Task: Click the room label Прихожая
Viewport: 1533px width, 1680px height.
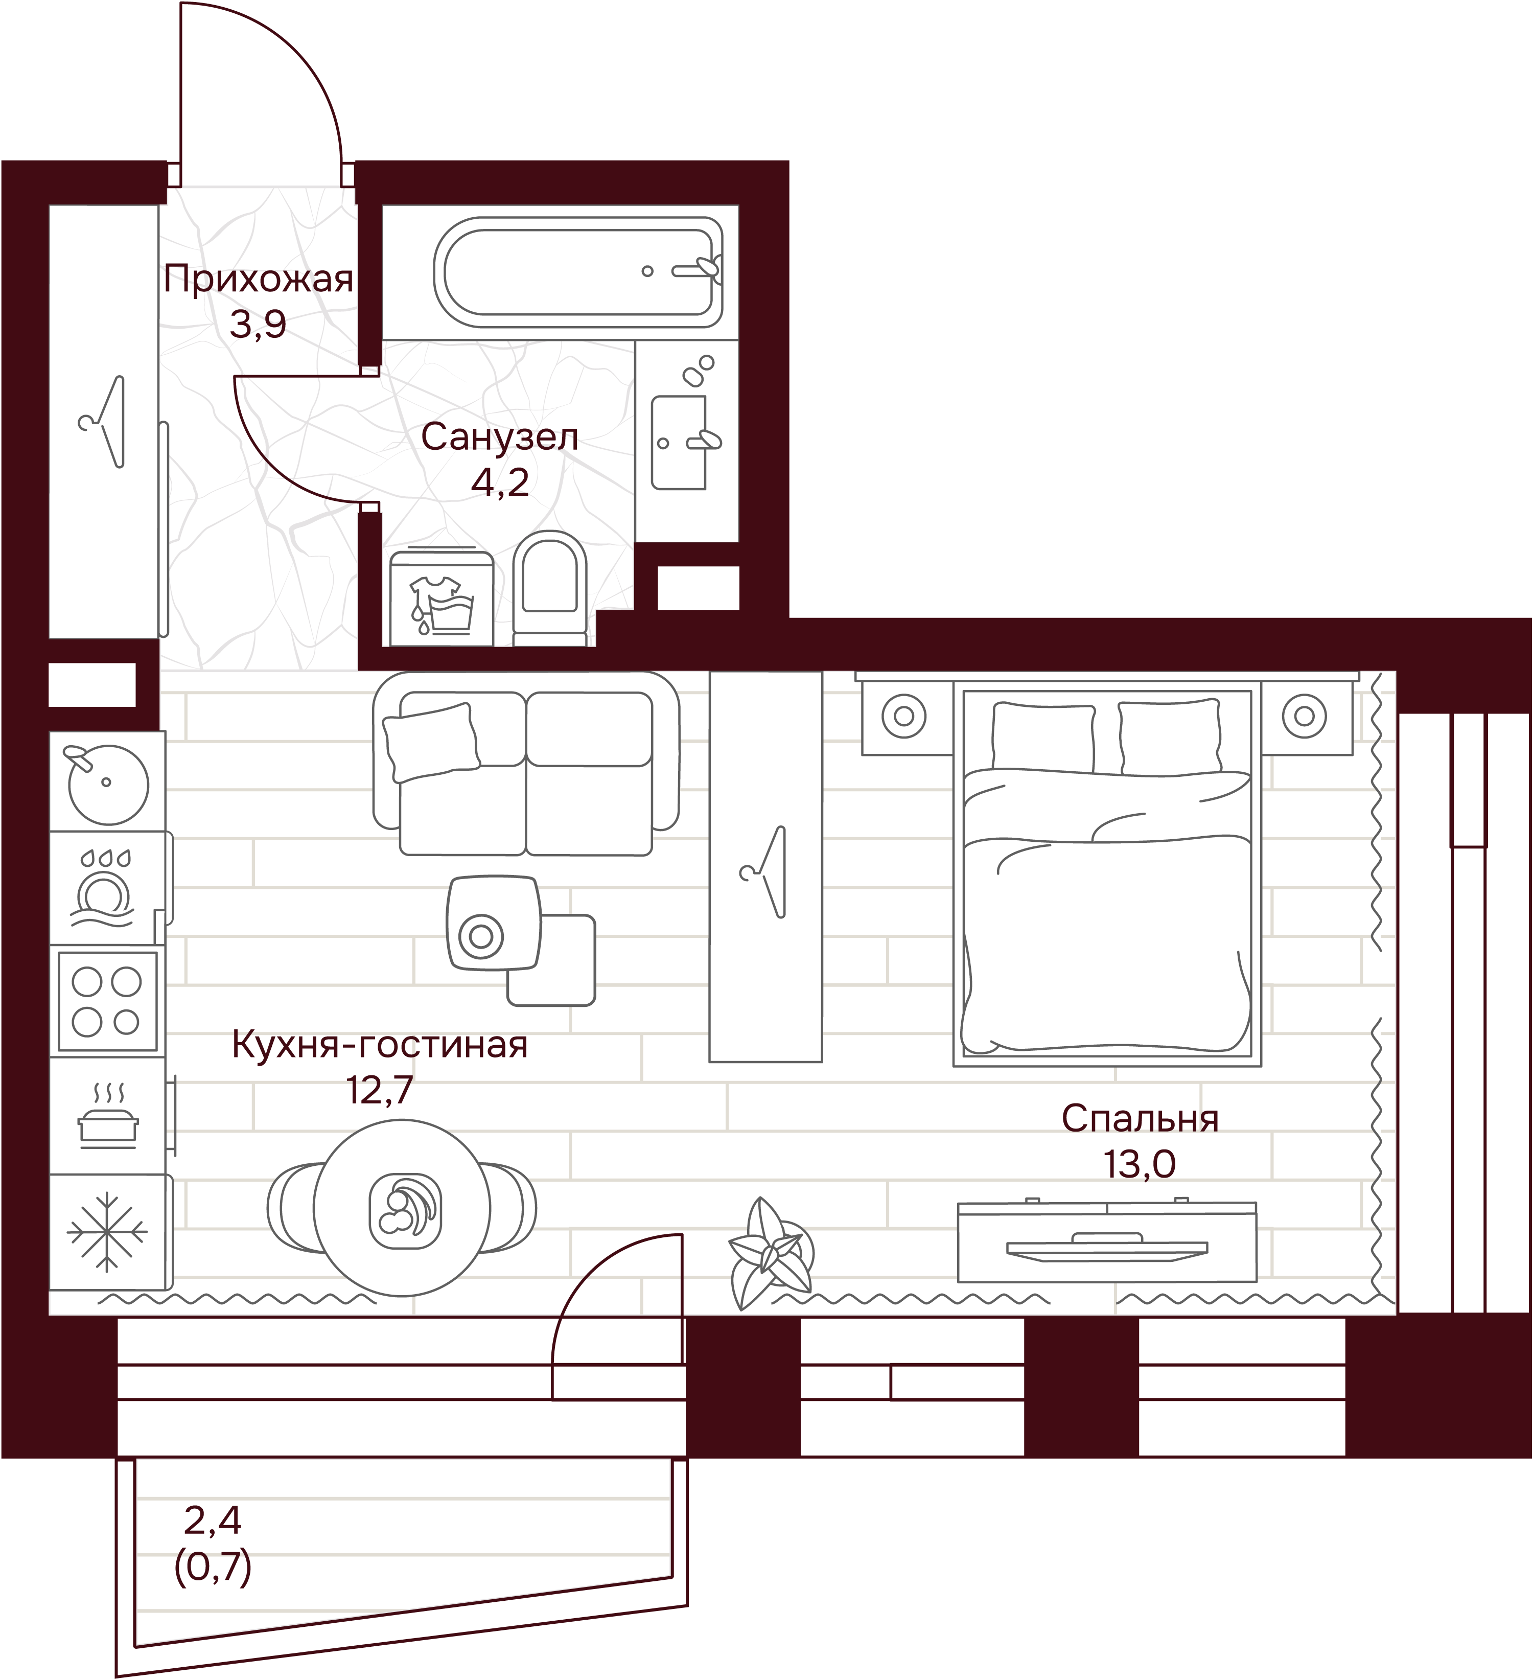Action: pos(258,279)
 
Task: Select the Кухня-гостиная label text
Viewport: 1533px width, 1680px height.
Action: pos(380,1044)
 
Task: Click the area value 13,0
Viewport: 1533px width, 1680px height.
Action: pos(1140,1164)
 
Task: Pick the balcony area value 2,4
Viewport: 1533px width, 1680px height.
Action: pos(213,1521)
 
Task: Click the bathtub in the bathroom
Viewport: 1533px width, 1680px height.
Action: pos(578,272)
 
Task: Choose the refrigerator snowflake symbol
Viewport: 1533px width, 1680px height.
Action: pos(107,1232)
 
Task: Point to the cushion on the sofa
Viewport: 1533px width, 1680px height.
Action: pos(431,743)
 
